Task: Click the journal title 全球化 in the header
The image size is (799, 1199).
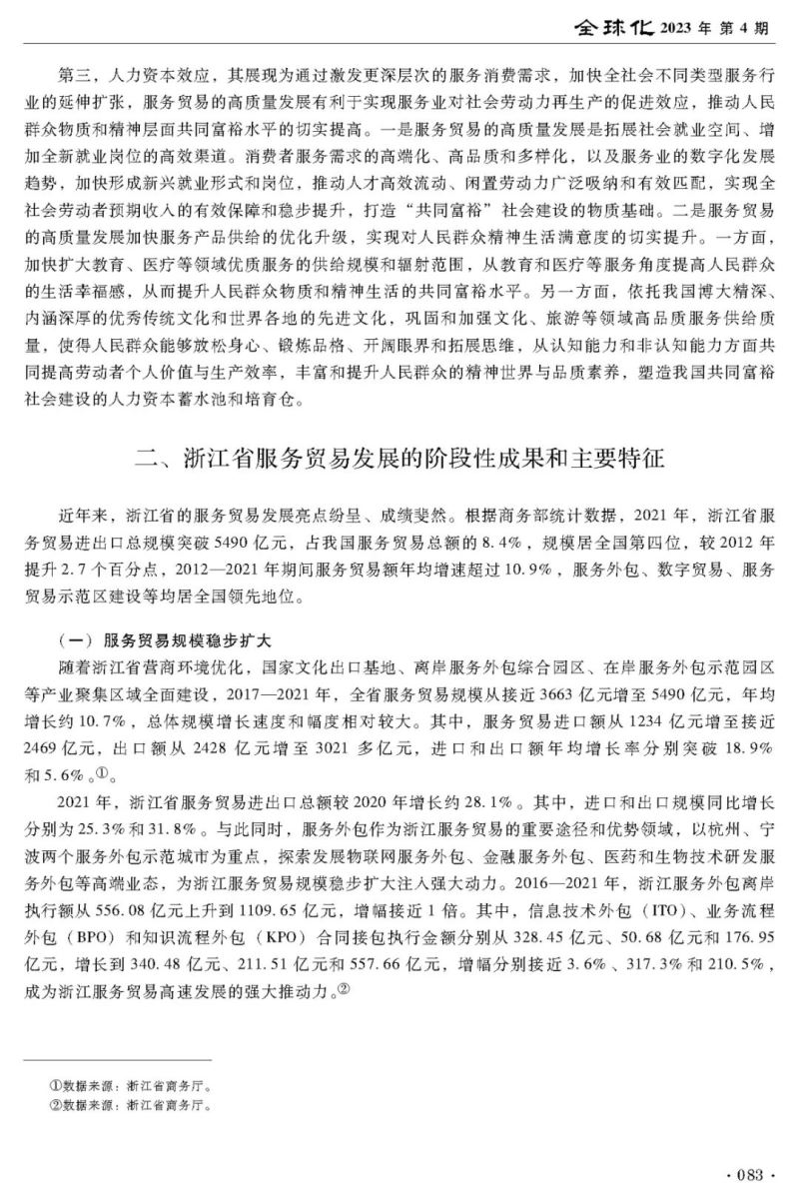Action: [611, 27]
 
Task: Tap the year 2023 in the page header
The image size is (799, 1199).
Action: [682, 28]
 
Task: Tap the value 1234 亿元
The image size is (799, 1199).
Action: [631, 715]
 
